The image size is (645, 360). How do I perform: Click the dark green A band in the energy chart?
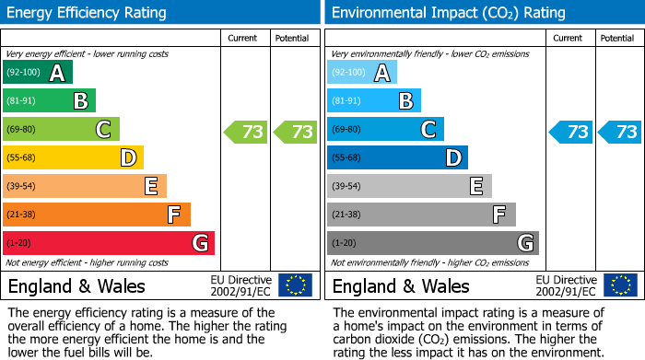[38, 73]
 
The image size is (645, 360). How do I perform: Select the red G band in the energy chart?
[109, 243]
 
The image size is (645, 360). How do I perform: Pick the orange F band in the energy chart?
[97, 215]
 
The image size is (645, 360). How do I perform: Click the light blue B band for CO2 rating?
[374, 101]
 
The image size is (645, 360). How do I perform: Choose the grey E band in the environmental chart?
[409, 186]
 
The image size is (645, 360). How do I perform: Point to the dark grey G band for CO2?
[433, 243]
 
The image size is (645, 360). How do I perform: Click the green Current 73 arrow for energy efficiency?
[247, 132]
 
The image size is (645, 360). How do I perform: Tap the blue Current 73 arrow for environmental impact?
[571, 132]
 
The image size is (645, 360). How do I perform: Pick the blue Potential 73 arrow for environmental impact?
[621, 132]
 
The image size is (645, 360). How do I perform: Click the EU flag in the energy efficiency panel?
[295, 285]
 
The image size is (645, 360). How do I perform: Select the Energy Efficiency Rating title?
[88, 13]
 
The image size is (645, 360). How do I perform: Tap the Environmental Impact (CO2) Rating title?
[448, 13]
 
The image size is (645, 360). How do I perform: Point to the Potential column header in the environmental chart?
[617, 38]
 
